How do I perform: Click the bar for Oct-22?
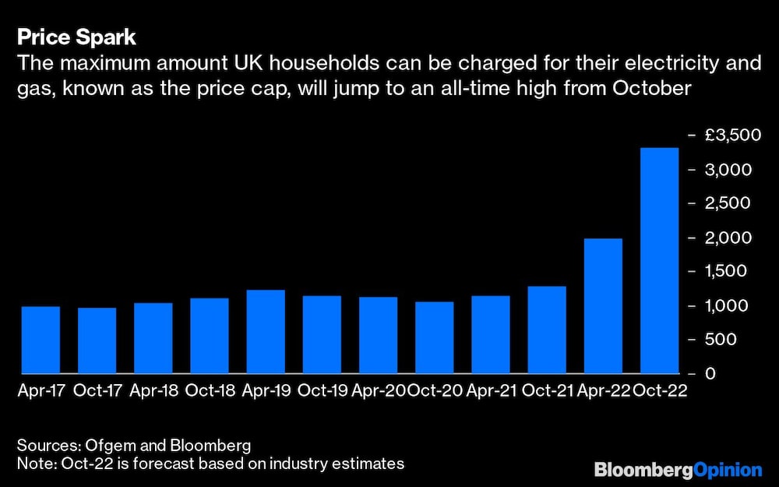pyautogui.click(x=659, y=261)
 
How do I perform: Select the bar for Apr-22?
pyautogui.click(x=603, y=306)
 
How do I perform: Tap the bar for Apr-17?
pyautogui.click(x=41, y=340)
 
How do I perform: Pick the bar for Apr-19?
pyautogui.click(x=266, y=332)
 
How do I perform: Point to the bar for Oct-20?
pyautogui.click(x=434, y=337)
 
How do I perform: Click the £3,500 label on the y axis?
pyautogui.click(x=731, y=136)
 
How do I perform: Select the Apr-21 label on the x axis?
pyautogui.click(x=491, y=391)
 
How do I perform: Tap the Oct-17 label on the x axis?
pyautogui.click(x=97, y=391)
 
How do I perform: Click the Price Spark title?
pyautogui.click(x=76, y=37)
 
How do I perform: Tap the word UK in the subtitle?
pyautogui.click(x=245, y=63)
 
